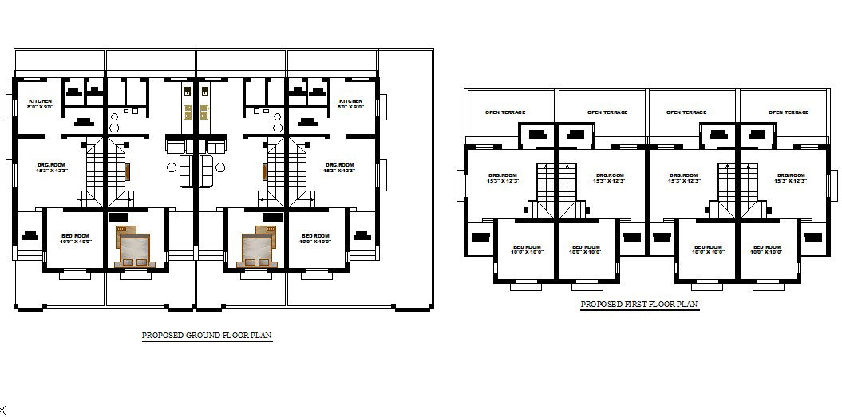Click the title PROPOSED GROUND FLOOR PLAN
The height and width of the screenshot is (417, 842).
207,336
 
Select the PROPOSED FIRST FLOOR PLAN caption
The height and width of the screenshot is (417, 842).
639,305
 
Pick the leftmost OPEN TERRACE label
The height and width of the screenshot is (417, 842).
505,112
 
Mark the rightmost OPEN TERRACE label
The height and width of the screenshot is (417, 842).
789,112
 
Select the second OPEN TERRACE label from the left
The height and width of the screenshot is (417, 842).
607,112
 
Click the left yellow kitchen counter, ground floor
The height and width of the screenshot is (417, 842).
188,112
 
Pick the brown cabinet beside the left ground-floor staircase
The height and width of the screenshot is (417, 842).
126,171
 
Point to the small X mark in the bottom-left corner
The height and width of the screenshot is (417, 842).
3,410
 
